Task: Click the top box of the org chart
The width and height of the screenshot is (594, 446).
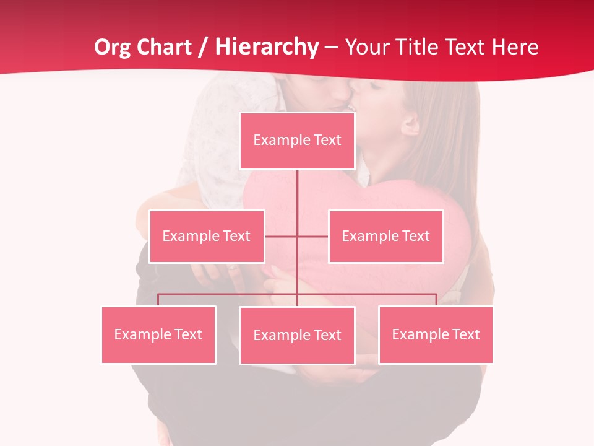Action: [297, 141]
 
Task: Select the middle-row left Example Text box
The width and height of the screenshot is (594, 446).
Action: [207, 237]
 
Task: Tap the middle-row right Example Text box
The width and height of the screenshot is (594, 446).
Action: [385, 237]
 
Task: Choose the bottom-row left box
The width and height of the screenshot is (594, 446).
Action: [158, 335]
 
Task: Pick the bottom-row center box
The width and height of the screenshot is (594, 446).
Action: [297, 336]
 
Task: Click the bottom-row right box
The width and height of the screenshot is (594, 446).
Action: [436, 335]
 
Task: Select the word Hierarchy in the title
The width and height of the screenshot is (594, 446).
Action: [267, 47]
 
